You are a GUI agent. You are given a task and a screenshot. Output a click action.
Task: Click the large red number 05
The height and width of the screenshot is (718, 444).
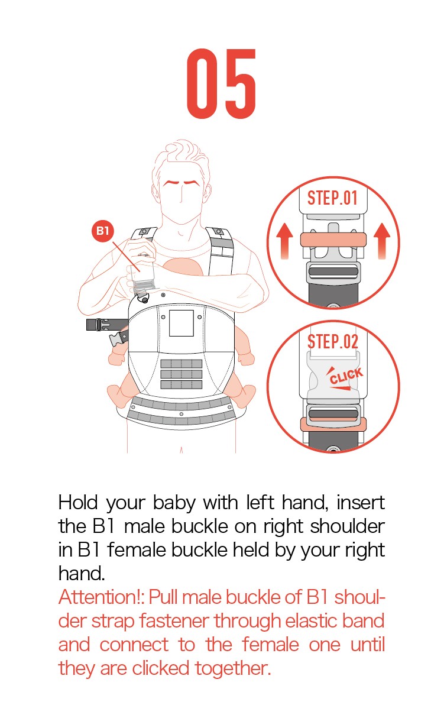pos(221,83)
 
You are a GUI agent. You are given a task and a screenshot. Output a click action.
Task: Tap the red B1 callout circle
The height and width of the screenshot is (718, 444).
pos(102,231)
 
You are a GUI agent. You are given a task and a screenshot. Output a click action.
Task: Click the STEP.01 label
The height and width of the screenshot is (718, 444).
pos(332,198)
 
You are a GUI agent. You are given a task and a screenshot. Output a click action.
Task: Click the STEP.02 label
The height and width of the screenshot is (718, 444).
pos(332,341)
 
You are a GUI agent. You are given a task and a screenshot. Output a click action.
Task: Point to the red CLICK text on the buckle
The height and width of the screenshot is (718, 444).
pos(346,376)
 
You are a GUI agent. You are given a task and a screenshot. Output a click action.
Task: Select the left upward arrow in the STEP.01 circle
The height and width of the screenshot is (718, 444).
pos(284,241)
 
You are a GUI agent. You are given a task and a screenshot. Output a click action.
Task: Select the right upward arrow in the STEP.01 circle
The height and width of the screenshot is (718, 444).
pos(382,241)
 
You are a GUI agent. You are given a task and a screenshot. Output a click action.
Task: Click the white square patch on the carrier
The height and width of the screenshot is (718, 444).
pos(182,323)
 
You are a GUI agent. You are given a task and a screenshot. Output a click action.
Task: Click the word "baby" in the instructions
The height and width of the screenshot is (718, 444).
pos(174,503)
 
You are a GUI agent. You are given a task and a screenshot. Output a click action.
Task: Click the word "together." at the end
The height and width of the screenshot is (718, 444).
pos(233,669)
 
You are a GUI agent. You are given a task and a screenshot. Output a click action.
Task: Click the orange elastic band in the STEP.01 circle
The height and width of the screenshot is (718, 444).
pos(333,240)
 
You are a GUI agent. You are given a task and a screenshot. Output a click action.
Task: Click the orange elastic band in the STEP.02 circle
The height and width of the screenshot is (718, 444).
pos(333,425)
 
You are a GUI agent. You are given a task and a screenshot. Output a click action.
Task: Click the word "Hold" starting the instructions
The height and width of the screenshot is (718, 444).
pos(78,502)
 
